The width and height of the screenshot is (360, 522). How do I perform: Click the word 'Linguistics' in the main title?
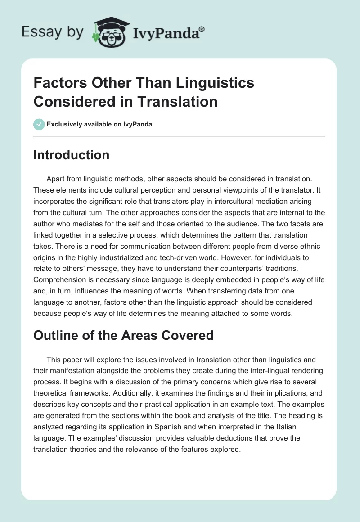206,83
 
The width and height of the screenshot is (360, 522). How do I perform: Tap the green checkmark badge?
39,124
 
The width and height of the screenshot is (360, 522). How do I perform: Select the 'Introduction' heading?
72,155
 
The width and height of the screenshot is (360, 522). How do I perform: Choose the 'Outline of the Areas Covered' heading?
124,336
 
